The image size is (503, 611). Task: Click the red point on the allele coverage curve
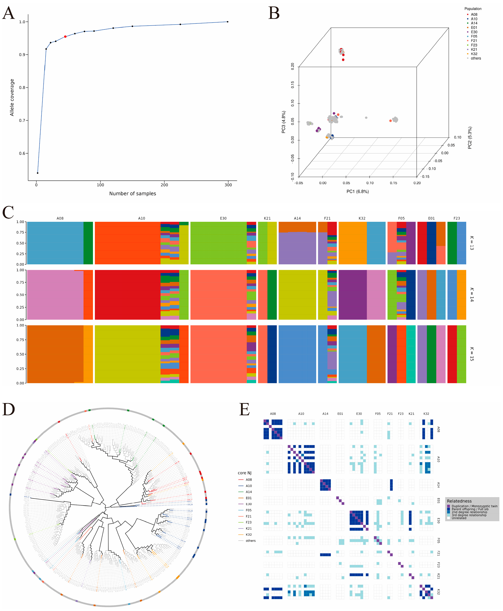coord(65,37)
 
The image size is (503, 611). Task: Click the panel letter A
coord(8,13)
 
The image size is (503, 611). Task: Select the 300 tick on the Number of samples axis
coord(228,185)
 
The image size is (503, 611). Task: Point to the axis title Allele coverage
coord(12,97)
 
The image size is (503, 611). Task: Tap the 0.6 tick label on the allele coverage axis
coord(22,153)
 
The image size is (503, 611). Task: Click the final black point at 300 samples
coord(227,22)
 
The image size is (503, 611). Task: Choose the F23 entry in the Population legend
coord(474,45)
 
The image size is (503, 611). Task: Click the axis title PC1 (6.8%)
coord(358,192)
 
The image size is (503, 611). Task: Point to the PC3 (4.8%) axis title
coord(283,122)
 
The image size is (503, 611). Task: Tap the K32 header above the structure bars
coord(362,218)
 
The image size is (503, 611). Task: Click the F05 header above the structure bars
coord(401,218)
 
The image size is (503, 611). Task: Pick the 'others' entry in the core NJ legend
coord(251,541)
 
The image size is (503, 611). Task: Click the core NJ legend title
coord(245,473)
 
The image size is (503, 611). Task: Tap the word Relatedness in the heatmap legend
coord(459,501)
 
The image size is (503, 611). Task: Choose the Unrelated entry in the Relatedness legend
coord(459,518)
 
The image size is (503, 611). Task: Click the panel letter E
coord(244,410)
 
